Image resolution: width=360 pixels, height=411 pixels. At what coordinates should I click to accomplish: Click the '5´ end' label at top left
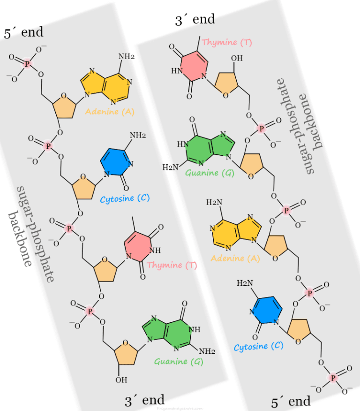pyautogui.click(x=23, y=32)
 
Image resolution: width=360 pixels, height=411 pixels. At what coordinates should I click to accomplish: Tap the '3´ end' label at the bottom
pyautogui.click(x=144, y=400)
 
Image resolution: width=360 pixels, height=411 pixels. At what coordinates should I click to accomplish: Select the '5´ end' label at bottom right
pyautogui.click(x=291, y=402)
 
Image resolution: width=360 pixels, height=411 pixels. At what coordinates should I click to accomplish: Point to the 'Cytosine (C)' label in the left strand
pyautogui.click(x=125, y=198)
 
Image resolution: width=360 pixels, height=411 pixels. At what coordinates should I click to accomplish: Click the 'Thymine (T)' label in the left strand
pyautogui.click(x=172, y=265)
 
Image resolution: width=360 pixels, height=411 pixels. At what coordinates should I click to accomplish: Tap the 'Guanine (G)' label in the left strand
pyautogui.click(x=178, y=361)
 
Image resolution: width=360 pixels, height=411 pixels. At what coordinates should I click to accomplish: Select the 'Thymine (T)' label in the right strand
pyautogui.click(x=227, y=43)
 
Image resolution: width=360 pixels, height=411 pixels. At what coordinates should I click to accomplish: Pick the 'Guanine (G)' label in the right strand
pyautogui.click(x=202, y=173)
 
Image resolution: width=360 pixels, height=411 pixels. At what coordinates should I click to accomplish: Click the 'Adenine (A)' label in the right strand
pyautogui.click(x=234, y=258)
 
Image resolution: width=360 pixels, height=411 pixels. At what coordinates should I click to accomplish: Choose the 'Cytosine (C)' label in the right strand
pyautogui.click(x=258, y=346)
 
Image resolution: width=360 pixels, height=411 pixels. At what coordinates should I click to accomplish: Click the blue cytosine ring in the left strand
pyautogui.click(x=115, y=162)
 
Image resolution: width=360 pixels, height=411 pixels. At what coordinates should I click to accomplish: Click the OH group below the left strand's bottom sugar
pyautogui.click(x=121, y=379)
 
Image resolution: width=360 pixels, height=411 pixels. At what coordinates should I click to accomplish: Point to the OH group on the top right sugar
pyautogui.click(x=237, y=59)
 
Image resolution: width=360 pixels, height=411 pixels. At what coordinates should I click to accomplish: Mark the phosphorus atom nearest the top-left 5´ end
pyautogui.click(x=27, y=62)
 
